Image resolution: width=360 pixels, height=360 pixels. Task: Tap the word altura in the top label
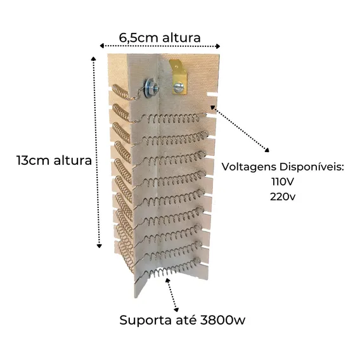point(181,37)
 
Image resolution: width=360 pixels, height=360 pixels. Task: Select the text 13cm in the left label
point(34,160)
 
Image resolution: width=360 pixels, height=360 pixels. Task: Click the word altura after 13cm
point(73,160)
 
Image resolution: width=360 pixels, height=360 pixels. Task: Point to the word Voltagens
point(249,167)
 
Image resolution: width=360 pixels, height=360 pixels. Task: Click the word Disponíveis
point(312,167)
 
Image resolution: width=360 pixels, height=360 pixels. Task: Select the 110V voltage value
point(283,182)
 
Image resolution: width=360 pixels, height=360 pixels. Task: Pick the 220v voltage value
point(283,196)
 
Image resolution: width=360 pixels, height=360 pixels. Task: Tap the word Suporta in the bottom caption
point(146,320)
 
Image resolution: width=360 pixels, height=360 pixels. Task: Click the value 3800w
point(222,320)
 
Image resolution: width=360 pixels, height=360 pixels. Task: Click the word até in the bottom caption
point(186,319)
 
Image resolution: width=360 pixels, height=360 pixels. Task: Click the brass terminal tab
point(179,77)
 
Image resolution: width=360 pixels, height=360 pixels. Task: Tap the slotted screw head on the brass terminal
point(178,87)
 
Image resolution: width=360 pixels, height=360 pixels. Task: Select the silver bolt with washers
point(151,88)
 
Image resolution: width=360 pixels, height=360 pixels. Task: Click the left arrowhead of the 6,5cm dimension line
point(102,46)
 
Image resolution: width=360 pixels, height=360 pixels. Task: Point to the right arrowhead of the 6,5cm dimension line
point(218,46)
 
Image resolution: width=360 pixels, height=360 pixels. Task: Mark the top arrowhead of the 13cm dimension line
point(93,58)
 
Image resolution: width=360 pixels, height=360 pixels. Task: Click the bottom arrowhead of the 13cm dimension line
point(99,246)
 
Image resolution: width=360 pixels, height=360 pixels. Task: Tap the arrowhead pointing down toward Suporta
point(176,309)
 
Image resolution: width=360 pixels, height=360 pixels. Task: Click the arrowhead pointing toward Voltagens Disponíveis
point(267,150)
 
